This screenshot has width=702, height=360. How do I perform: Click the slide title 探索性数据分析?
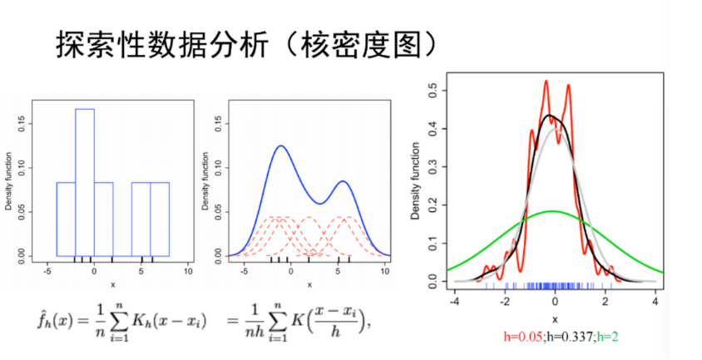(166, 45)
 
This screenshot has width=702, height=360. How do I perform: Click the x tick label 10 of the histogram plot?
(188, 271)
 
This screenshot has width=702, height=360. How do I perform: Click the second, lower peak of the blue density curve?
(342, 181)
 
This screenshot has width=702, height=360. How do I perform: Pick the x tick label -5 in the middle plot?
(243, 271)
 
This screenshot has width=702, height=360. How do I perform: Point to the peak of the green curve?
(555, 211)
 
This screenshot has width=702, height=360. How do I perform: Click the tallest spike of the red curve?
(546, 81)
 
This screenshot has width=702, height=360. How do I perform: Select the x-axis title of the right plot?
(555, 319)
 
